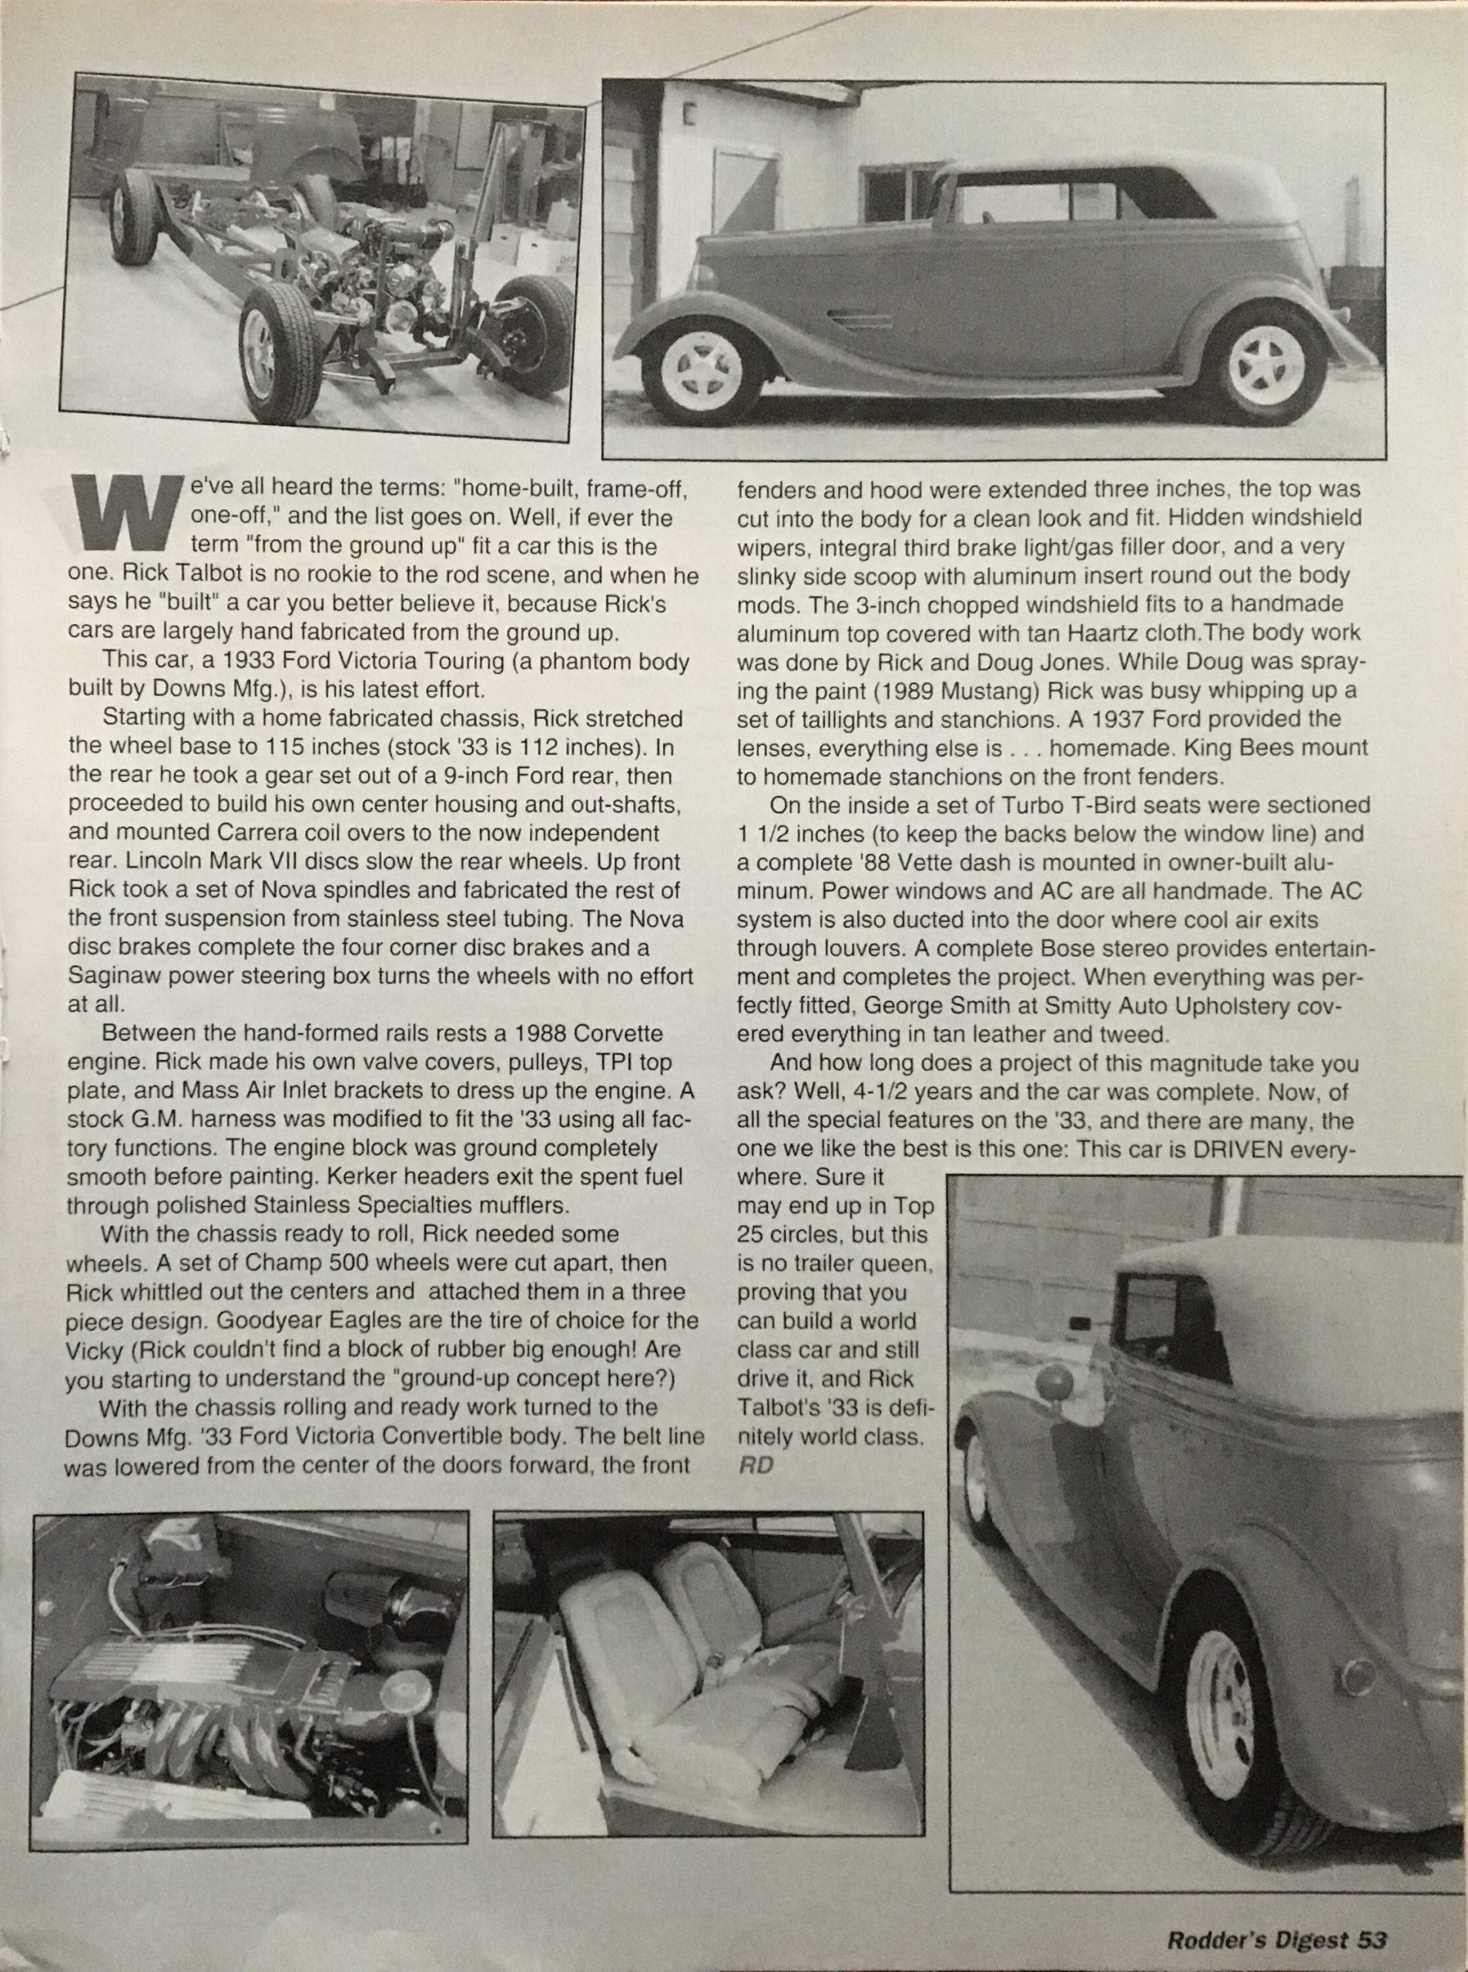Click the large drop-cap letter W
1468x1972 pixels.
(x=126, y=513)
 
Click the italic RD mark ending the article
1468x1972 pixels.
(x=756, y=1464)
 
